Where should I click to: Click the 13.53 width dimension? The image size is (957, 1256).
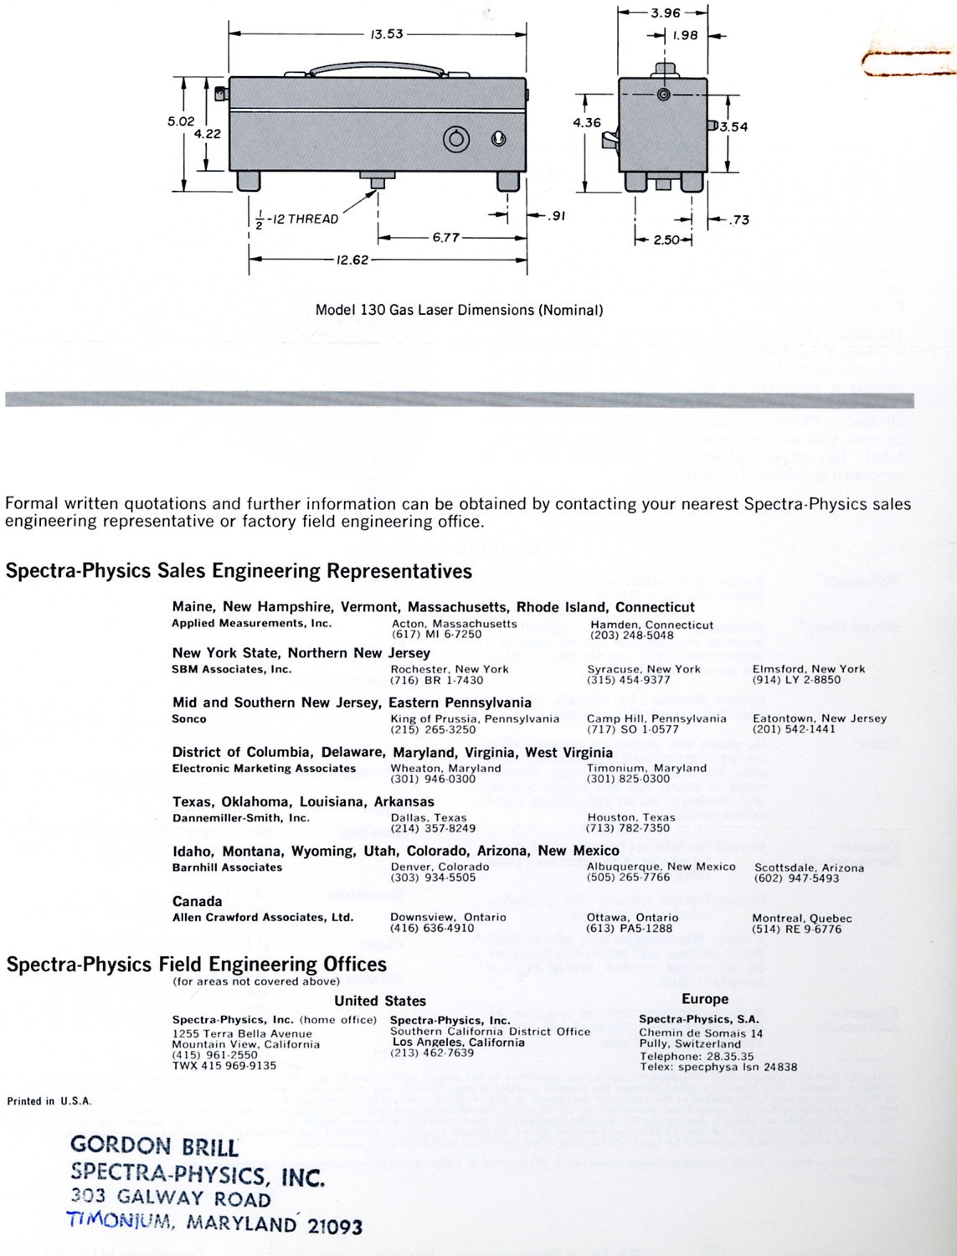point(386,34)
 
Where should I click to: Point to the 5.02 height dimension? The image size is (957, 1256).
point(181,121)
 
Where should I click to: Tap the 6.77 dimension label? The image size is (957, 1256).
point(445,237)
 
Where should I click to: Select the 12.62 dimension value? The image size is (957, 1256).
point(352,260)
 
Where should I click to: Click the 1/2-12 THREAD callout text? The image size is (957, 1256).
point(297,219)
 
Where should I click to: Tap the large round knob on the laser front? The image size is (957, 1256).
point(457,138)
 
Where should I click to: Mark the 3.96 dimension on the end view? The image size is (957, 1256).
point(666,13)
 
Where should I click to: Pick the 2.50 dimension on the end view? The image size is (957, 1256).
point(666,240)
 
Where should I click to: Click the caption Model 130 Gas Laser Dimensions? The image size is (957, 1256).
point(459,310)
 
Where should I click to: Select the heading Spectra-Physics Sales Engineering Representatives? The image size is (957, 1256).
point(239,571)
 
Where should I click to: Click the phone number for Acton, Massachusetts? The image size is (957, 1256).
point(436,635)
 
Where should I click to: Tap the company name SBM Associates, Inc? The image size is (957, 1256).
point(232,669)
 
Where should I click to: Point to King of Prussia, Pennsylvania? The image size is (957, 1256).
point(475,718)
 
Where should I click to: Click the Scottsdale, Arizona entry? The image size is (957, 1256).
point(809,867)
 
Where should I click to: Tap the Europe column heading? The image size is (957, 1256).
point(705,999)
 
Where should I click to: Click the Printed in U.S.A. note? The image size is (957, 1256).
point(49,1101)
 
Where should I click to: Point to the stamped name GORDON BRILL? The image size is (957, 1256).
point(154,1145)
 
